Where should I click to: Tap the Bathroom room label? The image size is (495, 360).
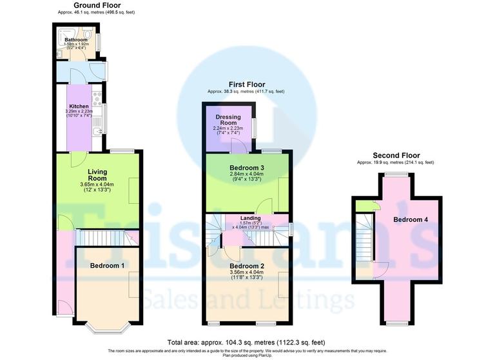pos(75,39)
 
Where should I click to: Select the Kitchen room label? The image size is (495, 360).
pos(79,106)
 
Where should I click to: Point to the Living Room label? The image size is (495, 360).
pos(97,175)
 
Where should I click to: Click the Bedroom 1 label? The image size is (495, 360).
pos(107,266)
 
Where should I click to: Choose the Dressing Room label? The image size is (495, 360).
pos(229,120)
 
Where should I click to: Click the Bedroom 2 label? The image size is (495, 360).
pos(247,266)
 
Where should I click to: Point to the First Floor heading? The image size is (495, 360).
pos(246,85)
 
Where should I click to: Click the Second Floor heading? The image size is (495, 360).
pos(396,155)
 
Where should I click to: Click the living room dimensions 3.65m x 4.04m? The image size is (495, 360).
pos(97,185)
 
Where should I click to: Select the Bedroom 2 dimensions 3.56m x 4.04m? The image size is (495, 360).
pos(247,272)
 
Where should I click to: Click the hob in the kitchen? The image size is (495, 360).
pos(97,99)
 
